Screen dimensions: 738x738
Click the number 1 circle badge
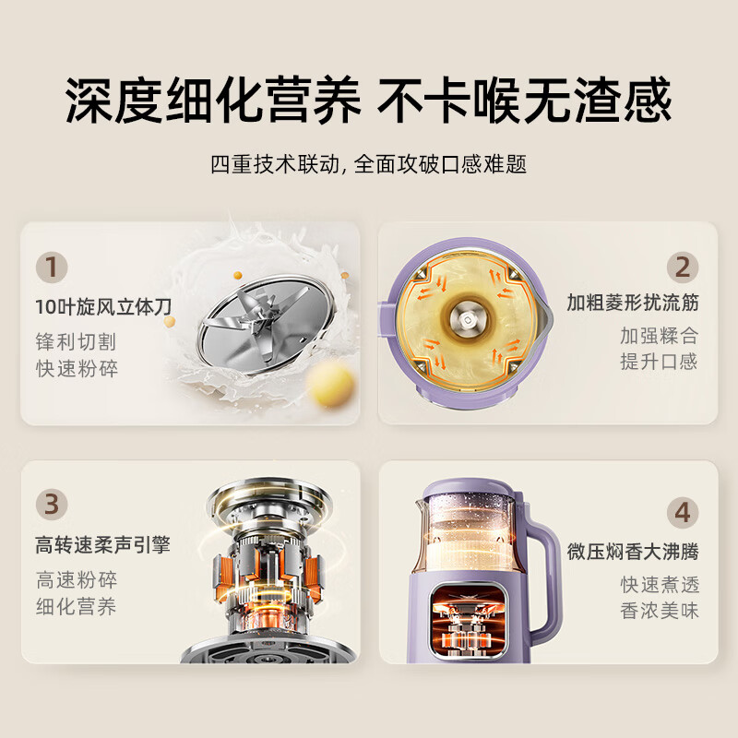coord(52,268)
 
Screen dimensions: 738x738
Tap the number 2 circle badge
coord(682,268)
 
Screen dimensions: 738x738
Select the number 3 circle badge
coord(52,505)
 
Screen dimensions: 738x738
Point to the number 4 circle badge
coord(682,510)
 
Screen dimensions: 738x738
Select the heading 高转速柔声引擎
coord(103,545)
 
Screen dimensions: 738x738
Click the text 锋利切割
coord(77,341)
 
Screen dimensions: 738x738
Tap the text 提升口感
coord(658,362)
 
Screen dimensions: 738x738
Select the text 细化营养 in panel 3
coord(77,607)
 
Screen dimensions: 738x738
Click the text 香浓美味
coord(659,611)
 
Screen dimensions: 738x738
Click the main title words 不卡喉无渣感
coord(525,101)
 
